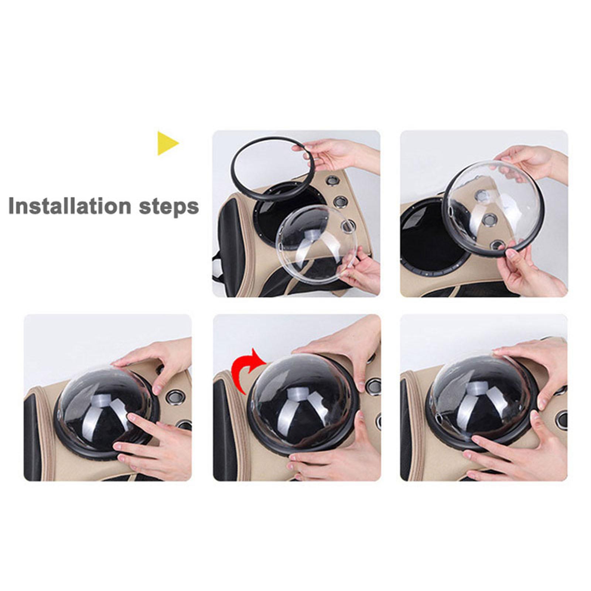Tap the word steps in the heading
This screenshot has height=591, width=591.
point(169,207)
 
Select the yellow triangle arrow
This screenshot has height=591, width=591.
point(167,143)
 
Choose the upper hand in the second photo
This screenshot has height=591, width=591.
point(532,163)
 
